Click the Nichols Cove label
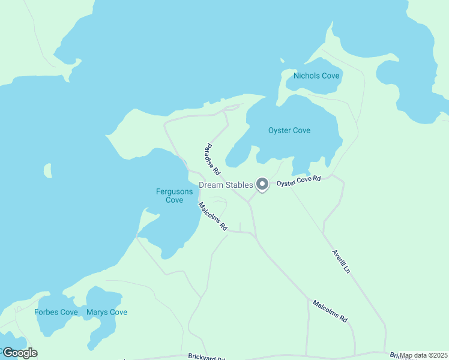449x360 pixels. tap(316, 76)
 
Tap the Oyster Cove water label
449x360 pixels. tap(289, 130)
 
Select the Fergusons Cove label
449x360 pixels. tap(175, 196)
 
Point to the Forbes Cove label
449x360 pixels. tap(56, 312)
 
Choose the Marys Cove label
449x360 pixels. tap(107, 312)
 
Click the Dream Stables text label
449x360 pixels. tap(226, 185)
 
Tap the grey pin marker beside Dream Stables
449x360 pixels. tap(262, 184)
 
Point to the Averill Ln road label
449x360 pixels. tap(341, 262)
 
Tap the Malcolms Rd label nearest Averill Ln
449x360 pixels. tap(330, 311)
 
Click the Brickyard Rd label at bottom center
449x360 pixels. tap(206, 357)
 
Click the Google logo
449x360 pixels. tap(19, 353)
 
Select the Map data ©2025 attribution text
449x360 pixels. tap(423, 355)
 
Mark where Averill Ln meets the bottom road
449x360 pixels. tap(385, 352)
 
